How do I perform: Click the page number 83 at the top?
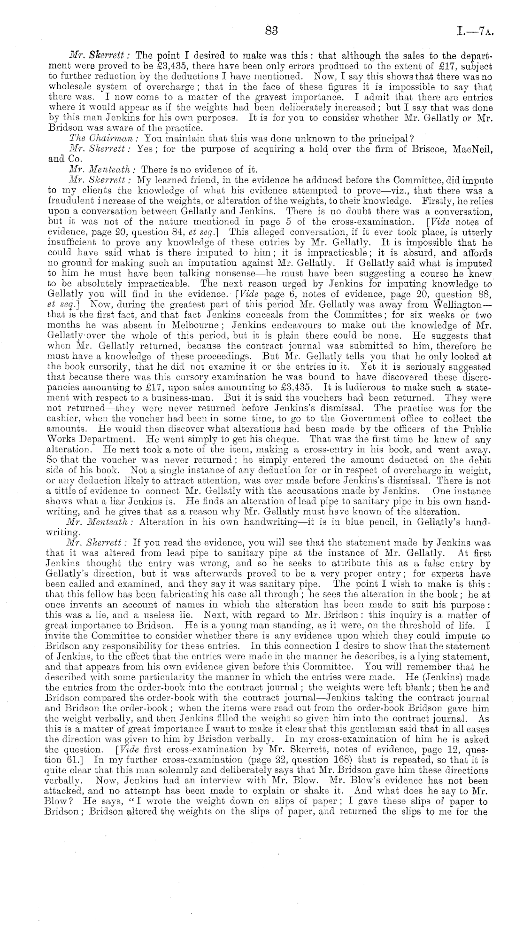tap(272, 31)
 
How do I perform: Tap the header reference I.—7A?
tap(475, 32)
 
